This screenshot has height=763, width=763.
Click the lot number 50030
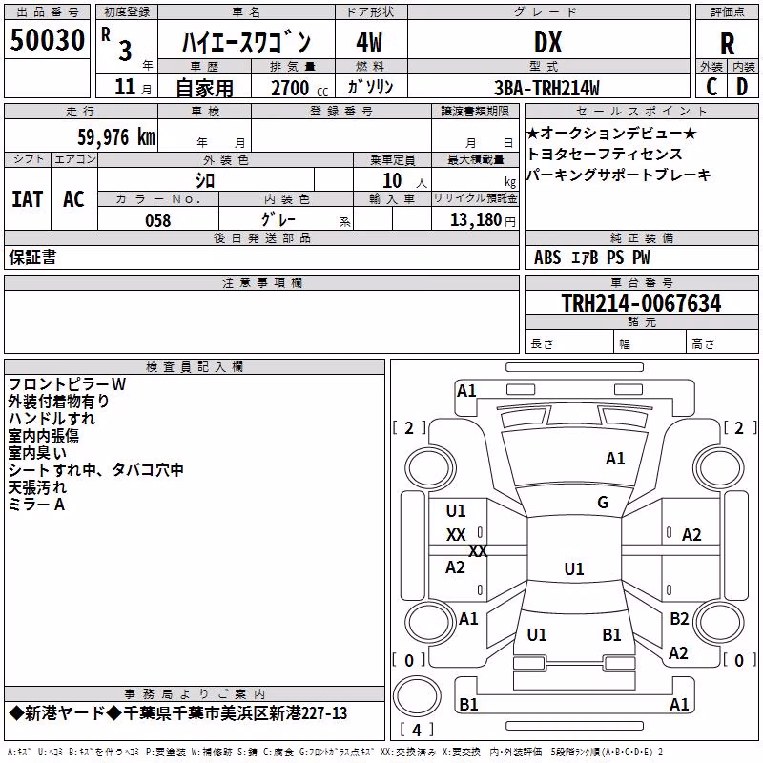point(47,40)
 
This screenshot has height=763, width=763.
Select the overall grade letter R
point(727,44)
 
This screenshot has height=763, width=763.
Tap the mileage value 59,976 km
point(116,136)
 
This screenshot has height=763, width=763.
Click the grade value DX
point(547,42)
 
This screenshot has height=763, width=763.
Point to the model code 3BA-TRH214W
point(546,88)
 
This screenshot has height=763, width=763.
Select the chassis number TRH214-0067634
point(641,302)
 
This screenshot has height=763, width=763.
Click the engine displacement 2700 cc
point(299,88)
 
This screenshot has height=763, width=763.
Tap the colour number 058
point(158,220)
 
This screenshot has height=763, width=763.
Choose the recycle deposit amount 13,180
point(476,219)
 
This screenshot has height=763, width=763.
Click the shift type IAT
point(28,199)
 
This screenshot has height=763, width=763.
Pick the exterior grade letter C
point(711,87)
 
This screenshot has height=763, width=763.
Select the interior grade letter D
point(742,87)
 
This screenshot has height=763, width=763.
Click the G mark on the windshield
point(603,503)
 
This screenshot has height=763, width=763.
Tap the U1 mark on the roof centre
point(574,568)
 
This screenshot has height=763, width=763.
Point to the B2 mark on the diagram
point(679,618)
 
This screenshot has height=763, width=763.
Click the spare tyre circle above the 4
point(417,695)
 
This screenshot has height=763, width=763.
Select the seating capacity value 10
point(392,180)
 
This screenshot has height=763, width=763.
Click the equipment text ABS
point(547,258)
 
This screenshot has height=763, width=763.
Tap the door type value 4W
point(369,42)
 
